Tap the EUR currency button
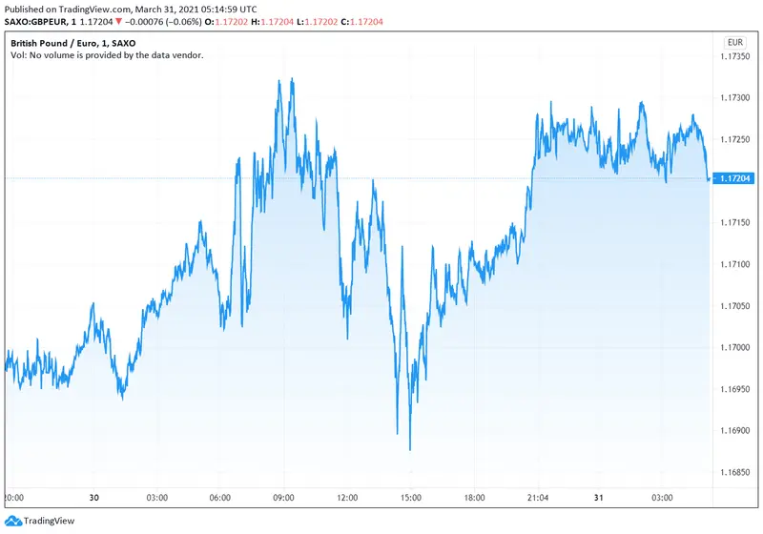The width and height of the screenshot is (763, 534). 735,42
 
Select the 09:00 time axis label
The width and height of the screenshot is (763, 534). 283,498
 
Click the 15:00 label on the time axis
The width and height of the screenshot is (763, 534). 411,498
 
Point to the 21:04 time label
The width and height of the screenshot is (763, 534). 537,498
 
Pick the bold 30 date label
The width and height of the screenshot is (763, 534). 94,498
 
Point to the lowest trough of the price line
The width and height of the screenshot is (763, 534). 410,449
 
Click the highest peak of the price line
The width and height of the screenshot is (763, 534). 291,79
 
